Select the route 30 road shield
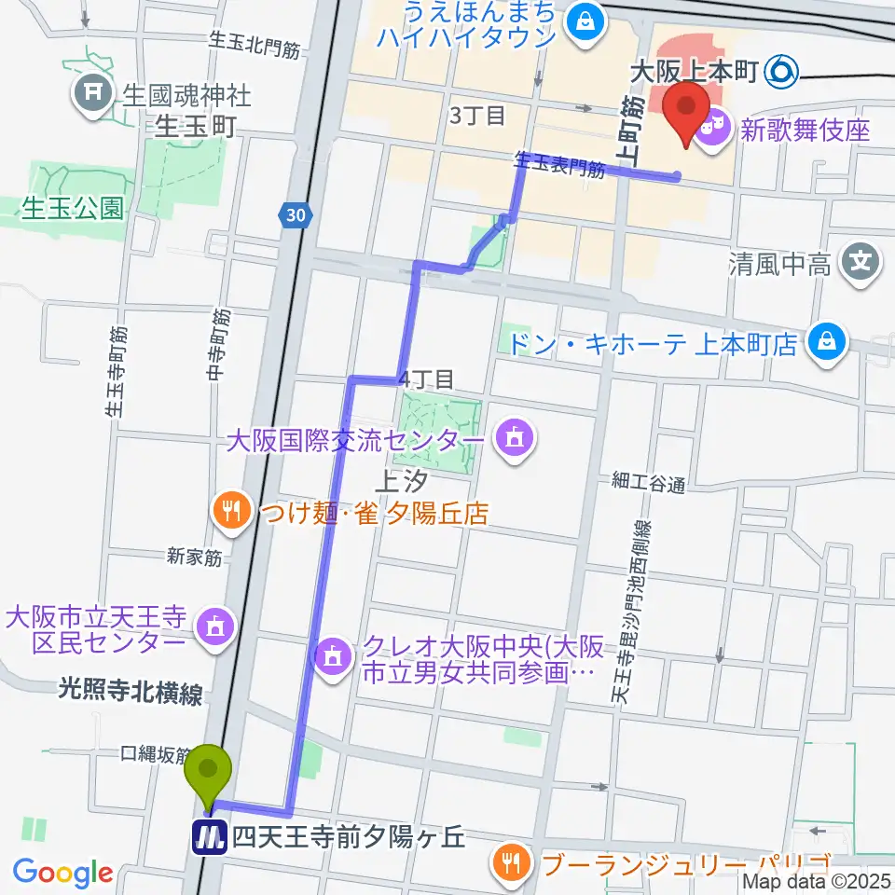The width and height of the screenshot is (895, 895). (x=296, y=215)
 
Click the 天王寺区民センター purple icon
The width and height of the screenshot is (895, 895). (x=215, y=626)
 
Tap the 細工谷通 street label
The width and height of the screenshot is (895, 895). (x=649, y=483)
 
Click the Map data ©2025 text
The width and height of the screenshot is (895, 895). (x=817, y=880)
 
